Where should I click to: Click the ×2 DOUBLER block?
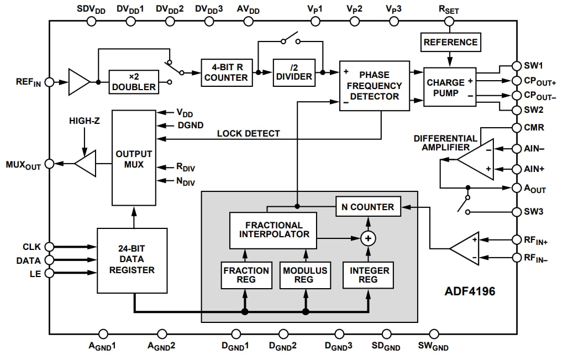tap(133, 81)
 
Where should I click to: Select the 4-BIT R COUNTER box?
tap(227, 72)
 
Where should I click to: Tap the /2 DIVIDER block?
tap(294, 72)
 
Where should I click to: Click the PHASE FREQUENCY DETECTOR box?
tap(374, 86)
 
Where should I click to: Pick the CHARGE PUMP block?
tap(446, 87)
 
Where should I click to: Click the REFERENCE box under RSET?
tap(450, 42)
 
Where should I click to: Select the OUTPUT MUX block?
tap(134, 158)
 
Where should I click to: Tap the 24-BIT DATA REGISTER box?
tap(132, 260)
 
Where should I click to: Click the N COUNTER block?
tap(368, 207)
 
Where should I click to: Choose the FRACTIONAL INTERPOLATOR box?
tap(274, 230)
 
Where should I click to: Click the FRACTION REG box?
tap(246, 275)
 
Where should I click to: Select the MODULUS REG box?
tap(305, 275)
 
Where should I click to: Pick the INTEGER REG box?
tap(369, 275)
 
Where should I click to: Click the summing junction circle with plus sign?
tap(368, 238)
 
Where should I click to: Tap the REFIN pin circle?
tap(49, 82)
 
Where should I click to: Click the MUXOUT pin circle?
tap(49, 164)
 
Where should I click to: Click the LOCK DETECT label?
tap(248, 133)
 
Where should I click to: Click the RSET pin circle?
tap(449, 22)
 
